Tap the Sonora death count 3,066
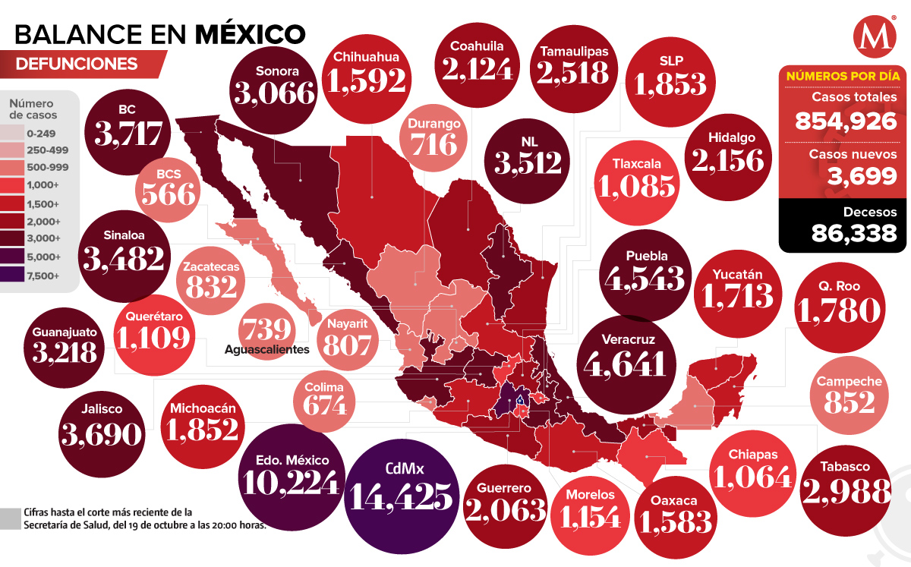275,93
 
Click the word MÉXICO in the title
250,33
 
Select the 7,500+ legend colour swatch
17,275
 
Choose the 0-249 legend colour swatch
17,134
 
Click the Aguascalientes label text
267,350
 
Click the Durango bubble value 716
434,143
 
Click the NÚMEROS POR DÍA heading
843,76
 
